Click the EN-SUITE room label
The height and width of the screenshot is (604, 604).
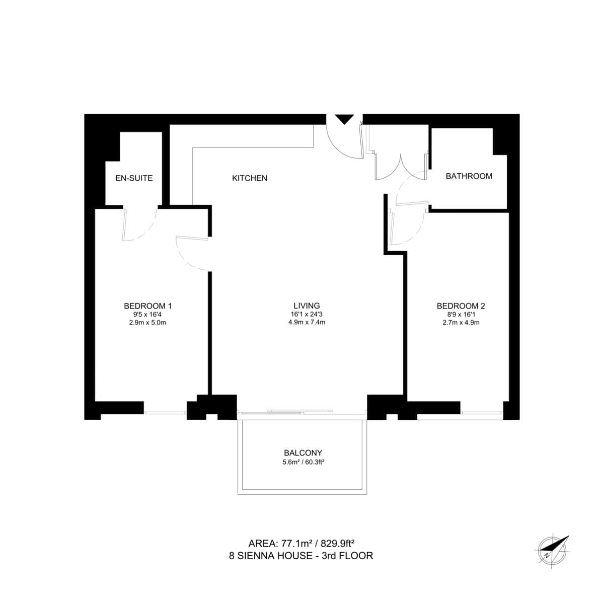[x=134, y=178]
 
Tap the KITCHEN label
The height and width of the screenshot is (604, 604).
[x=250, y=178]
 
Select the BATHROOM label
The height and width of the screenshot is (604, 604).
[x=469, y=176]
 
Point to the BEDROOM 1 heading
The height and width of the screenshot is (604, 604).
[x=148, y=306]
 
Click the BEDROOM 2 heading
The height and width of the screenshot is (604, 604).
[x=461, y=306]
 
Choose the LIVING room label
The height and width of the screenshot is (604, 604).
[x=307, y=306]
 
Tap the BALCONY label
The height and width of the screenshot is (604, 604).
[x=303, y=452]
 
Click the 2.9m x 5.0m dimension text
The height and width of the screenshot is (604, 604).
[x=148, y=323]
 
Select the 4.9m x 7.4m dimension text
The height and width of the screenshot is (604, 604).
[x=307, y=323]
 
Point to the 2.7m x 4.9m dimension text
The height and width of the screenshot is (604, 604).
[x=461, y=323]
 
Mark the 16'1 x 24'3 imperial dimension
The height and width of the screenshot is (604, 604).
[x=307, y=314]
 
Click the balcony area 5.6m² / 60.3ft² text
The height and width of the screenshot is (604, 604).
[x=303, y=462]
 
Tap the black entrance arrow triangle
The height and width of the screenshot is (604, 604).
[x=345, y=119]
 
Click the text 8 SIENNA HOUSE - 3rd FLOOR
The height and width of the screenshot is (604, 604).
[x=300, y=556]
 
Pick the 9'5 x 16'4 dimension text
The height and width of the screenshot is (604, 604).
[x=148, y=314]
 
